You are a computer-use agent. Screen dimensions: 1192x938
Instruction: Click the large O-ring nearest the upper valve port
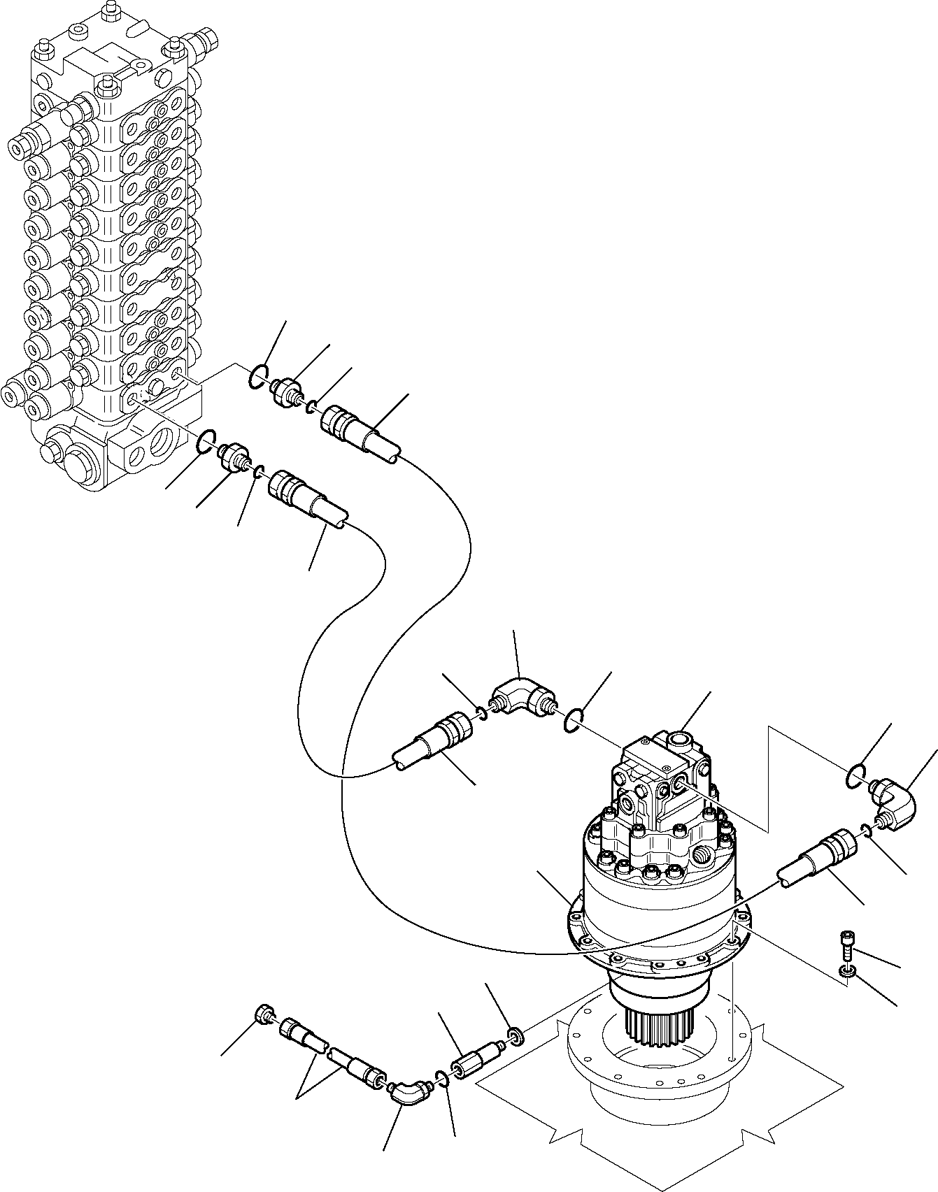tap(257, 376)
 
